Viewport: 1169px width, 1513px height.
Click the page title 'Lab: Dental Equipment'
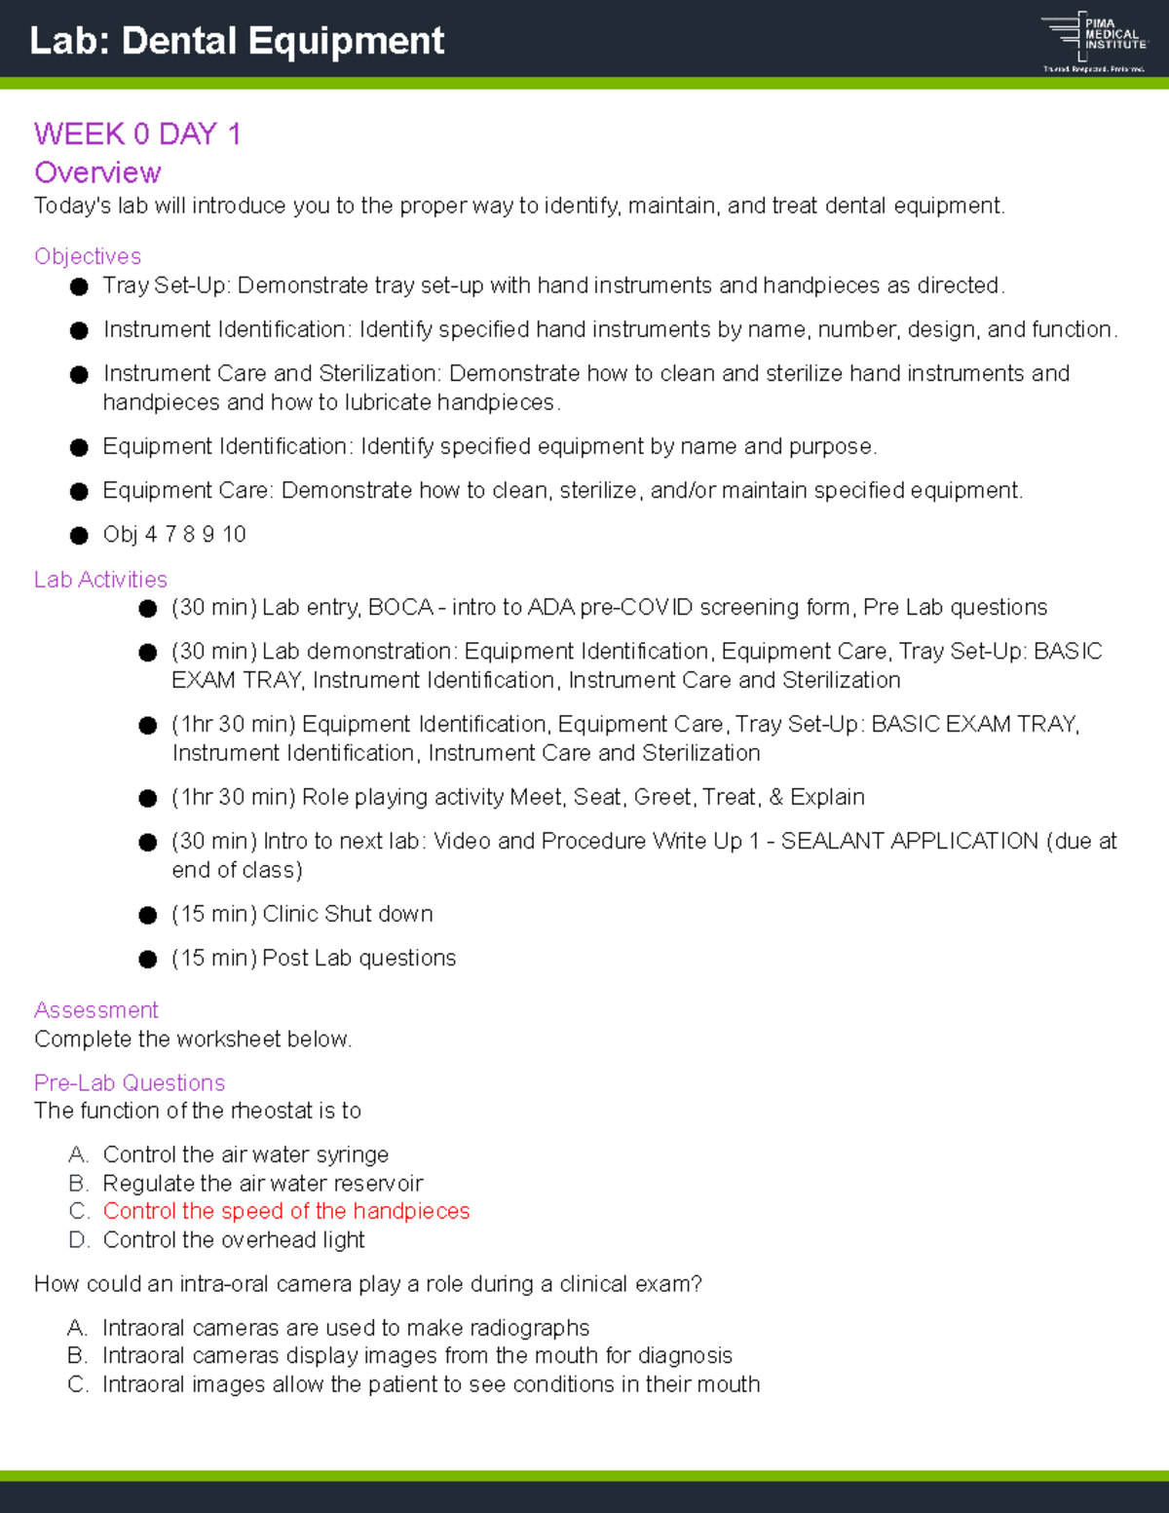[237, 41]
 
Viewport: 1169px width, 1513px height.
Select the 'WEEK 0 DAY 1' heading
[137, 133]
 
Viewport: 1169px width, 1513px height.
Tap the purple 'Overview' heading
[97, 172]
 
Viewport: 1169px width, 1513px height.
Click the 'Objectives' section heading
[88, 256]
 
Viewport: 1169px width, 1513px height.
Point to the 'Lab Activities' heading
[100, 580]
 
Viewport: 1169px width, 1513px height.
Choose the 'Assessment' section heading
[95, 1010]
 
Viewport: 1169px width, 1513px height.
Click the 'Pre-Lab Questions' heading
[130, 1082]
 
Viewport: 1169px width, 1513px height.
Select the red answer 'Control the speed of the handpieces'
[286, 1211]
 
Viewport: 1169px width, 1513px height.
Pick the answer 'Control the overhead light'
[234, 1240]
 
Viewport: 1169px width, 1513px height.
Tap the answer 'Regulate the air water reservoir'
[263, 1183]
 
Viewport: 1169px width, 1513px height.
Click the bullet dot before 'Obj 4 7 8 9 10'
[80, 535]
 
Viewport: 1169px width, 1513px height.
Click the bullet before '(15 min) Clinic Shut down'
[148, 915]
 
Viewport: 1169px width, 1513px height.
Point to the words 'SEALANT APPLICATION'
[910, 841]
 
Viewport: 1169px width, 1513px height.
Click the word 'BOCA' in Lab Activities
[400, 607]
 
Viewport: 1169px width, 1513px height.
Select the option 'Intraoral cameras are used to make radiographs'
[346, 1328]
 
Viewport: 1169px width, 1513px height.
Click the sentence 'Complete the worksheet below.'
[193, 1040]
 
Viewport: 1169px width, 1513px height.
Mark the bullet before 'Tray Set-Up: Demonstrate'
[80, 286]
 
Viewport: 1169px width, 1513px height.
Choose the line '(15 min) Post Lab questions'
[314, 958]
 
